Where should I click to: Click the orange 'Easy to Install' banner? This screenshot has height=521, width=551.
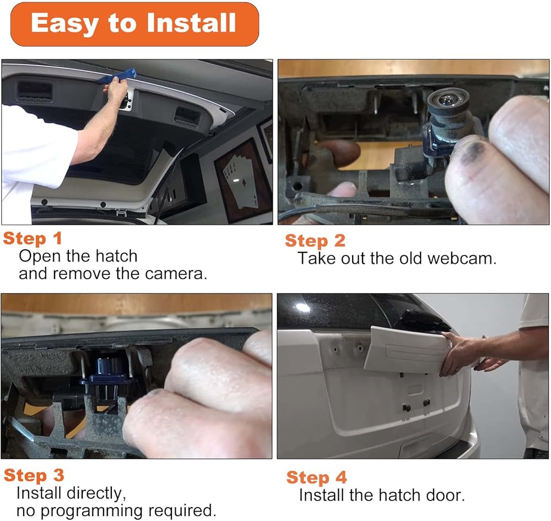[x=135, y=24]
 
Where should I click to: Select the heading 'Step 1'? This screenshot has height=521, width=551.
[x=33, y=238]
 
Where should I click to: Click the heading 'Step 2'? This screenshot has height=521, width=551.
[x=315, y=241]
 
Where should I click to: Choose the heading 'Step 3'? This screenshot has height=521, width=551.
[x=34, y=475]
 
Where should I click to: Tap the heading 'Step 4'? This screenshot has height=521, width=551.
[x=317, y=477]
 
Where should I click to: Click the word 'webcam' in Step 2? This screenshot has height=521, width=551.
[x=462, y=258]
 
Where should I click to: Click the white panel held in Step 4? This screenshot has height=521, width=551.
[x=408, y=350]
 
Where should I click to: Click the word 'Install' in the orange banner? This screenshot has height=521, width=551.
[x=191, y=23]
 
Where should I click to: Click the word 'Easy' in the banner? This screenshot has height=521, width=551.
[x=66, y=24]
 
